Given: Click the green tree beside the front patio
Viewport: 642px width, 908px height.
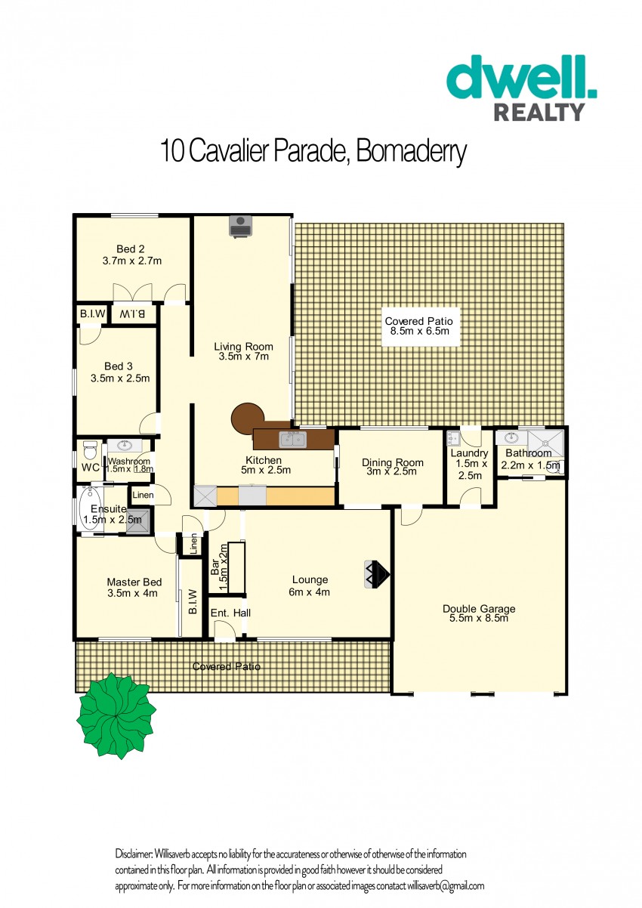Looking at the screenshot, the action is [116, 715].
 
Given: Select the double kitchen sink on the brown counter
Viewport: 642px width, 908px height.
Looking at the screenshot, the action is [292, 439].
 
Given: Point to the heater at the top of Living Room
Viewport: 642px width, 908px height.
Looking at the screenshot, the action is [240, 226].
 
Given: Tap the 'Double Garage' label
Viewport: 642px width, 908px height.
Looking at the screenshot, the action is [479, 608].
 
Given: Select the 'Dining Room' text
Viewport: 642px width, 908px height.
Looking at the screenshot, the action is [392, 462].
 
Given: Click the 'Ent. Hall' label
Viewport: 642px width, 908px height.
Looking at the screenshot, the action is [230, 613].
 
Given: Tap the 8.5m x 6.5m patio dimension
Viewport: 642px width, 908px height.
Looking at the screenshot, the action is [419, 331].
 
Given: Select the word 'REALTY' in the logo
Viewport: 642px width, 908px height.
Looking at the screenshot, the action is [539, 112].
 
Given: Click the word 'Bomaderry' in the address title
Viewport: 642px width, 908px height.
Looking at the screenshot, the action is [412, 151].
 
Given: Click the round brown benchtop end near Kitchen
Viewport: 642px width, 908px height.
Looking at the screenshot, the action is [248, 418].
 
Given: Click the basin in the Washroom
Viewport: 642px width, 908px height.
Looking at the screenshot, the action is [123, 446].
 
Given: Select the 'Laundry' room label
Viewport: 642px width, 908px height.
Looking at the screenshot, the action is [469, 452].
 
